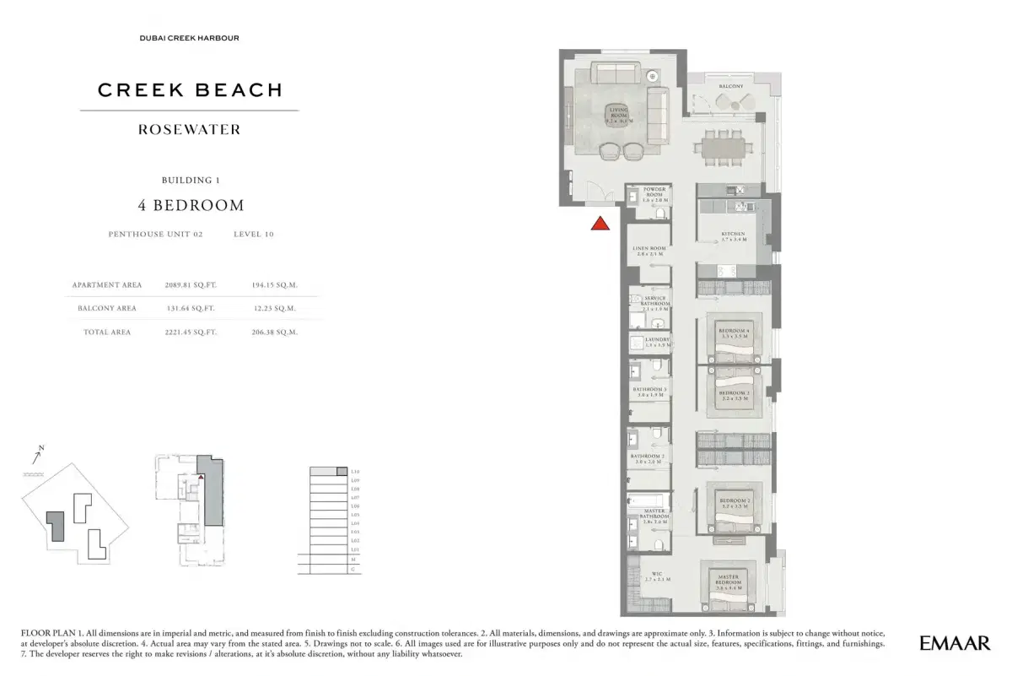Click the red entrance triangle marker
coord(600,224)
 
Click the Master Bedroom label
coord(728,580)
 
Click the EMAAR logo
coord(955,643)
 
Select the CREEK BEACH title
coord(190,90)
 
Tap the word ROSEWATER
coord(190,130)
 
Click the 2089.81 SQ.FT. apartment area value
coord(191,285)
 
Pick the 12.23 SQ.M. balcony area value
coord(275,309)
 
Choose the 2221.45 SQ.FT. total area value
coord(191,333)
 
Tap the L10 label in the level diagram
coord(355,471)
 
